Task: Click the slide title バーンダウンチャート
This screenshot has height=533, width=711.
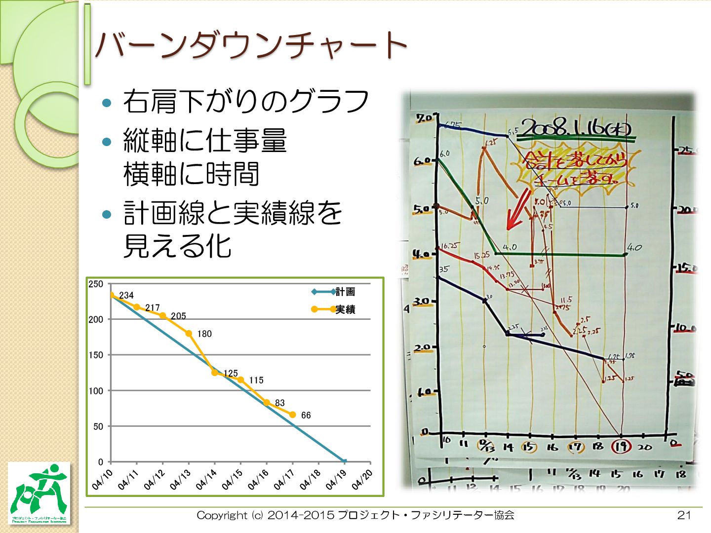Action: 251,45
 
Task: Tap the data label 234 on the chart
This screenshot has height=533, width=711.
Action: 126,296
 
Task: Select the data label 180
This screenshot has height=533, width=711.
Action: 204,334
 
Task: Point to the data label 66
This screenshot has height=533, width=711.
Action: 306,416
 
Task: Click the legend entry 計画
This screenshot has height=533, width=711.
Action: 345,292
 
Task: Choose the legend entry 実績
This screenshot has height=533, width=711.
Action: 345,310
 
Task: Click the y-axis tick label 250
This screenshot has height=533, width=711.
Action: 96,284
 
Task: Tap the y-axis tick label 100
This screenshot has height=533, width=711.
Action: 96,391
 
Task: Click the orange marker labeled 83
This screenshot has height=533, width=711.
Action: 267,403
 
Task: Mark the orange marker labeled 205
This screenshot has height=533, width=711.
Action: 163,315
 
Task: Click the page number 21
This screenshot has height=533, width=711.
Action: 684,515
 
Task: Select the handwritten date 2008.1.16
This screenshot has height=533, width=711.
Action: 575,128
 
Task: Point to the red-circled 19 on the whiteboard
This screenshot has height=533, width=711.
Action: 621,447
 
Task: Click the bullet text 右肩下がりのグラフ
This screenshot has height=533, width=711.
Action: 246,102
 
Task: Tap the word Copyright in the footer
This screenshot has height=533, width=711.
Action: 222,515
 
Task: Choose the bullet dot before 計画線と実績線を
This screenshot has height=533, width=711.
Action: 107,214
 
